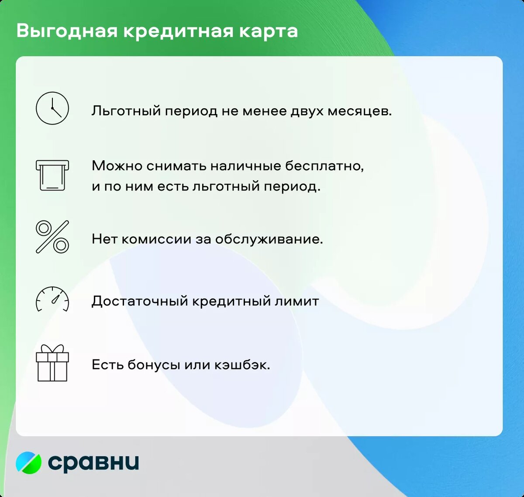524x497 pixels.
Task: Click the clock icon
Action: [x=52, y=108]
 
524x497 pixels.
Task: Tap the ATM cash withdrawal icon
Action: [x=52, y=175]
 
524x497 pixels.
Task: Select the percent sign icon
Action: [x=52, y=237]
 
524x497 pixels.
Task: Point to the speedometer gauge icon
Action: [x=52, y=300]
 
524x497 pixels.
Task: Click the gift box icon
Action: [x=52, y=363]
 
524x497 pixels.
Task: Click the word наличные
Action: [x=245, y=166]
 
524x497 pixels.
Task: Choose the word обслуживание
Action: [x=269, y=239]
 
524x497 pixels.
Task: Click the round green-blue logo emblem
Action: [x=29, y=462]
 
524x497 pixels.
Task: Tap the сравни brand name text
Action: [x=93, y=462]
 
